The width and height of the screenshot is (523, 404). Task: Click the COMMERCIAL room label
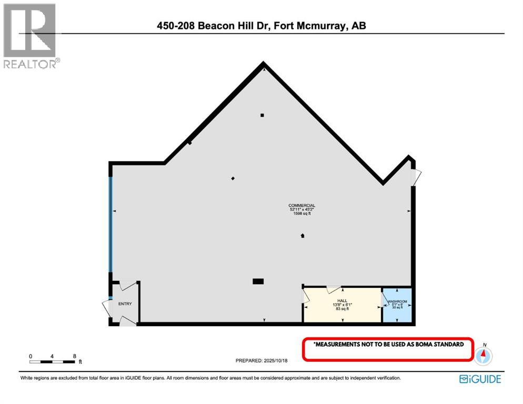click(x=301, y=205)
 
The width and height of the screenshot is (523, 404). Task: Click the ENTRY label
click(x=125, y=304)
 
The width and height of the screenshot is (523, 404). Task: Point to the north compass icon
click(x=483, y=355)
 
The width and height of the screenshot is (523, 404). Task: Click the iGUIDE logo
click(x=480, y=379)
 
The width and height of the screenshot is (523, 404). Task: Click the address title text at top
click(x=261, y=25)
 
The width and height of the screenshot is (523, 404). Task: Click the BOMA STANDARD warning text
click(x=388, y=345)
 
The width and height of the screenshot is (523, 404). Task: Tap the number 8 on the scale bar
click(x=74, y=356)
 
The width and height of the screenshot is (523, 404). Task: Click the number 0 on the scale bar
click(x=31, y=356)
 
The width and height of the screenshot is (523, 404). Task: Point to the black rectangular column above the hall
click(x=258, y=281)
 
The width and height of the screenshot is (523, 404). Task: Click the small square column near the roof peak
click(x=262, y=115)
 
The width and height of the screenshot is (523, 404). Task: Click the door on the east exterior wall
click(x=415, y=177)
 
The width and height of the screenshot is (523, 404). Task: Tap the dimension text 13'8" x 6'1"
click(x=342, y=305)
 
